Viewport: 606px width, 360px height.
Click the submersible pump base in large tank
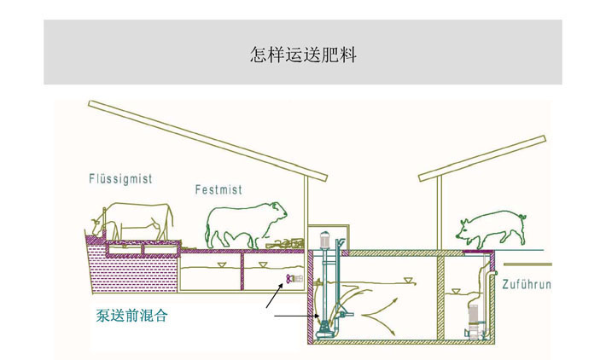325,328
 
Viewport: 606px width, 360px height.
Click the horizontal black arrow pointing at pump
294,317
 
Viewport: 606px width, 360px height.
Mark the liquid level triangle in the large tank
408,282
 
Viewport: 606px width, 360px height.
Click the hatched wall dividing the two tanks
439,299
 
